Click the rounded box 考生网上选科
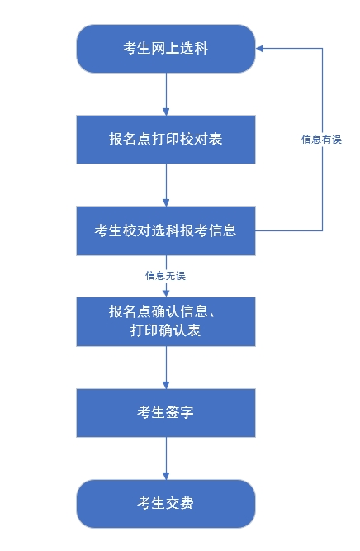(166, 49)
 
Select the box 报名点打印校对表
(166, 140)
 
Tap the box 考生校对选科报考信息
(166, 230)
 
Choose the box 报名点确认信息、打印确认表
(166, 321)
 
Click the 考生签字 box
(166, 412)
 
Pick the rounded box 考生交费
(166, 503)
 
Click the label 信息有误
(320, 140)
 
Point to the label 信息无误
(166, 275)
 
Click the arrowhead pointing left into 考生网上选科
(260, 49)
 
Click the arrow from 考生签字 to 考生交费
(166, 458)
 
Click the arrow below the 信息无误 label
(166, 289)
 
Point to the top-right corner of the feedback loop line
(321, 49)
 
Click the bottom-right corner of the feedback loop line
(321, 230)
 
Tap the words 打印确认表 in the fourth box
(166, 331)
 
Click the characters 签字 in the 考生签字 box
(180, 412)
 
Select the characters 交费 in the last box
(180, 503)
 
